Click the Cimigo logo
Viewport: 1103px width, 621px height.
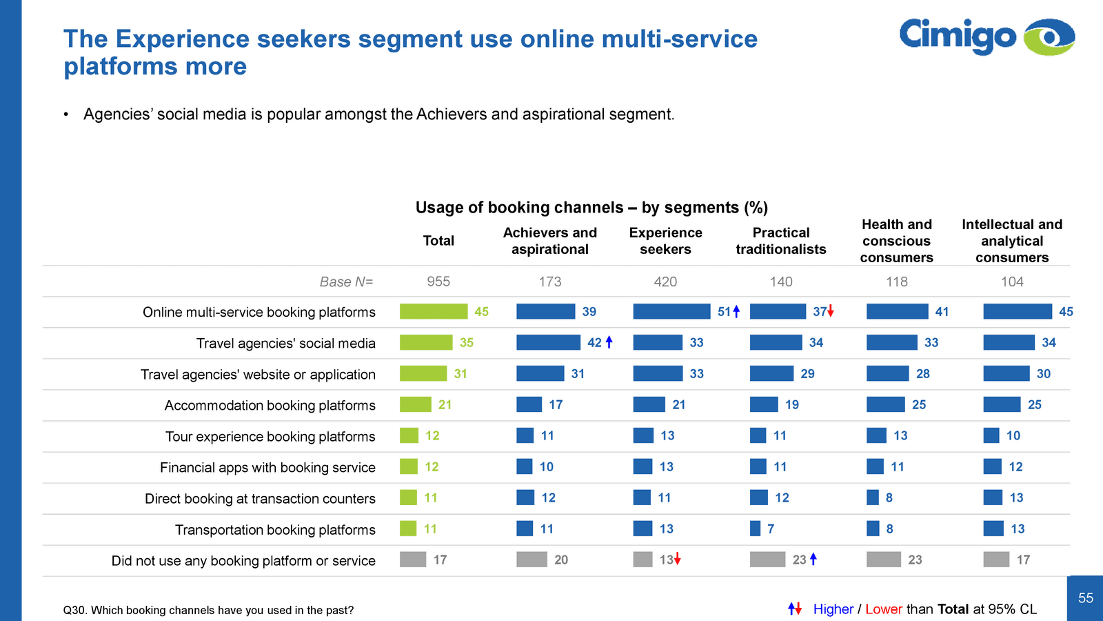pos(986,37)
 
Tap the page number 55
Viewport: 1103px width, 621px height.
pos(1086,598)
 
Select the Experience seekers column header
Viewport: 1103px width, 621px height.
pos(665,241)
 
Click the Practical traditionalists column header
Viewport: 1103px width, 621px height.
pos(780,241)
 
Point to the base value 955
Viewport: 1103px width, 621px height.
pos(438,282)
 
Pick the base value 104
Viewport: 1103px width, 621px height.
pos(1012,282)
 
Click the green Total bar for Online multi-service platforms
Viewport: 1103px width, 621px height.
pos(433,312)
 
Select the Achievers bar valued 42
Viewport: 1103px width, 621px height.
pos(548,342)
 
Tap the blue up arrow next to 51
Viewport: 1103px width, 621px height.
pos(736,311)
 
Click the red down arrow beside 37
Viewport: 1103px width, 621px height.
pos(831,311)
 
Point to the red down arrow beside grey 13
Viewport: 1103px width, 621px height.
pos(678,559)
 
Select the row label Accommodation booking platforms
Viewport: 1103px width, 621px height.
pos(270,406)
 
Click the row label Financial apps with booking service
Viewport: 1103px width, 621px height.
pos(267,468)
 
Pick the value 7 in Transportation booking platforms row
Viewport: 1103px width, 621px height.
pos(771,529)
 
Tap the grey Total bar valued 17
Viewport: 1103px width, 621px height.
pos(412,560)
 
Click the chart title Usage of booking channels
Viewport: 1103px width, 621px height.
pos(591,208)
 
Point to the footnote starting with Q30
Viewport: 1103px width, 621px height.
pos(208,610)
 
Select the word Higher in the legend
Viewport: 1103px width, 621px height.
pos(833,609)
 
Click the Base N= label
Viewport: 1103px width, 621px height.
pos(346,282)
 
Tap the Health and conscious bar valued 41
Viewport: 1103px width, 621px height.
pos(897,312)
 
